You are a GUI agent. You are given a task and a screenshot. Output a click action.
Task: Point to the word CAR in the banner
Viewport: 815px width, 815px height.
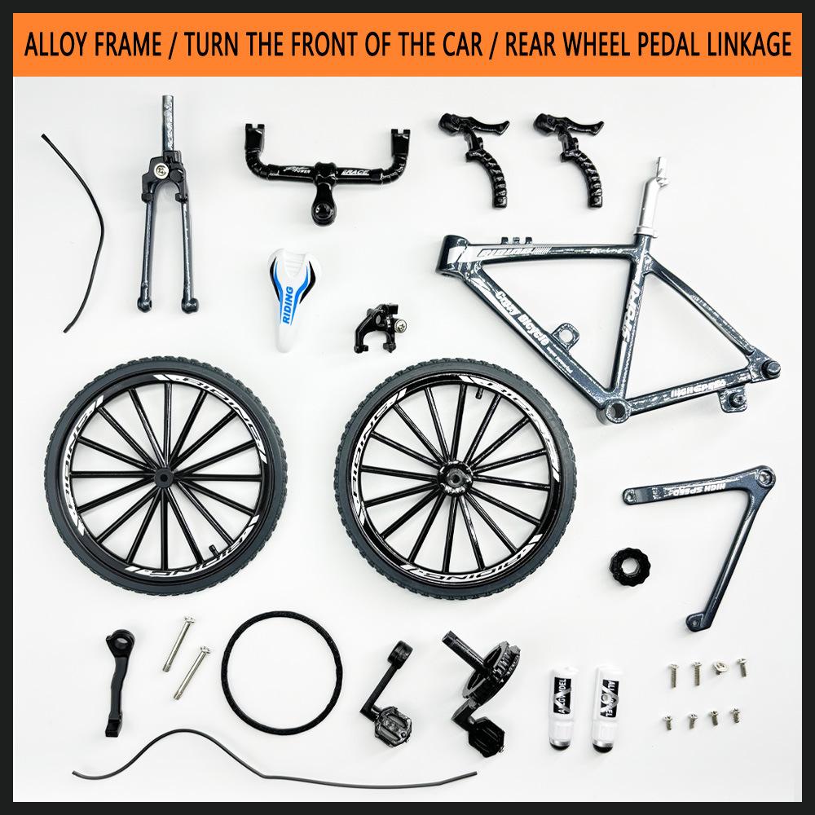[x=464, y=45]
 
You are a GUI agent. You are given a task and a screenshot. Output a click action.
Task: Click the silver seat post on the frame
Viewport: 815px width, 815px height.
[x=652, y=200]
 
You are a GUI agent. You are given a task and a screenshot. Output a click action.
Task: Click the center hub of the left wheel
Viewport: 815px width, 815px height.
[x=165, y=474]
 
